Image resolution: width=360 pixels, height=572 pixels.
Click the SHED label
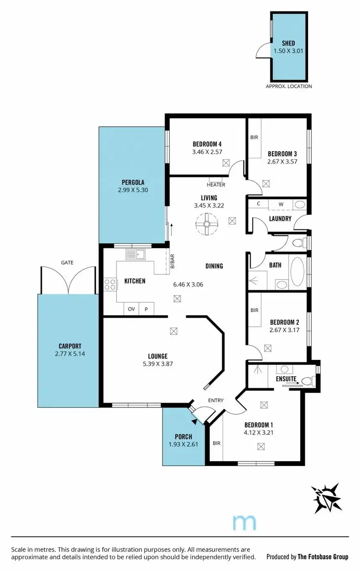(288, 44)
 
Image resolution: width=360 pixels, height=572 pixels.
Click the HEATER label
(216, 185)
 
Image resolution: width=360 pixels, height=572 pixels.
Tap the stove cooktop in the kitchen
(110, 285)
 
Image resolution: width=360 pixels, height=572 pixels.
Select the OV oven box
(131, 310)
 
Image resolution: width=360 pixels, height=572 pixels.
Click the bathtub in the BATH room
(298, 273)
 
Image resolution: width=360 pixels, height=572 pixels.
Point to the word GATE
(67, 263)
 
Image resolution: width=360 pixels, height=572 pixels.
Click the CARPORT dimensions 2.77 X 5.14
(70, 354)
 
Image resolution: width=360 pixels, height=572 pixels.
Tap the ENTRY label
(216, 400)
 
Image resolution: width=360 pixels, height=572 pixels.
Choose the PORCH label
(183, 437)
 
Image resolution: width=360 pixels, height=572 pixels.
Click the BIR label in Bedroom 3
(254, 137)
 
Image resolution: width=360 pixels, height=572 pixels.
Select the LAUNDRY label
(280, 219)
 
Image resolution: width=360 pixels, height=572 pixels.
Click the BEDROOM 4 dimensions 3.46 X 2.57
(207, 152)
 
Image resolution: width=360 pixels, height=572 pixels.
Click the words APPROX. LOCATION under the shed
(288, 86)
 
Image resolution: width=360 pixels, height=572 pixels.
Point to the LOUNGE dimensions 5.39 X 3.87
(157, 364)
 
